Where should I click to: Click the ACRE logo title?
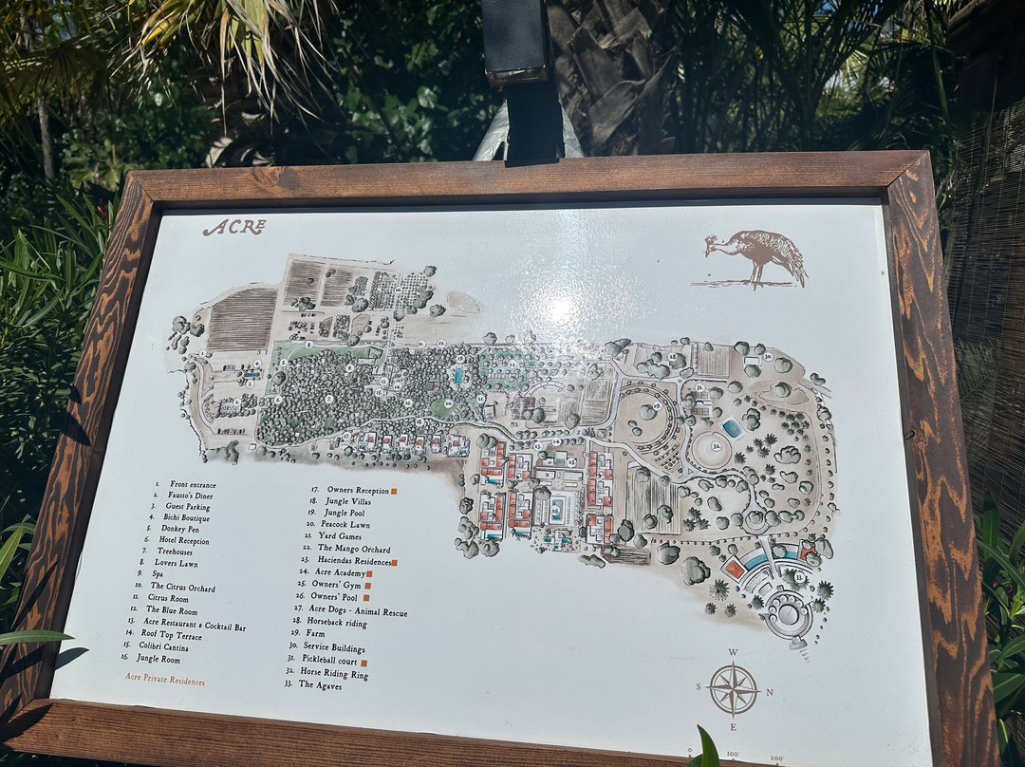233,228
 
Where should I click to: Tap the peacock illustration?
756,256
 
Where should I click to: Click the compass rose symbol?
733,689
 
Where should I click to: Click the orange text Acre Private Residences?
164,681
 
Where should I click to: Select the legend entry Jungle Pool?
336,512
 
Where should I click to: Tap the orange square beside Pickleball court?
363,662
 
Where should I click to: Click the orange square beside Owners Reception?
393,491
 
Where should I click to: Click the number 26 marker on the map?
555,509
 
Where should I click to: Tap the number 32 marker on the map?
717,445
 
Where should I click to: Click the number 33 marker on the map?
798,576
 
